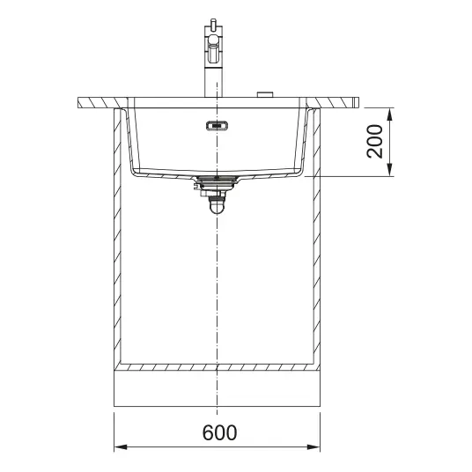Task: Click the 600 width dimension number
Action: click(x=219, y=432)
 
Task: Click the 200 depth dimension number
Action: click(x=375, y=142)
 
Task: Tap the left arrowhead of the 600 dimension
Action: click(x=121, y=447)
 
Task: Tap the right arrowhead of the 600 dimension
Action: click(x=313, y=447)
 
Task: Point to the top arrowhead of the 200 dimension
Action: click(x=390, y=115)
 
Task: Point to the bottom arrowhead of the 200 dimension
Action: click(x=390, y=169)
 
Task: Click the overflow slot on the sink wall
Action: click(x=217, y=125)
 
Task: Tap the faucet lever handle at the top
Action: click(x=213, y=23)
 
